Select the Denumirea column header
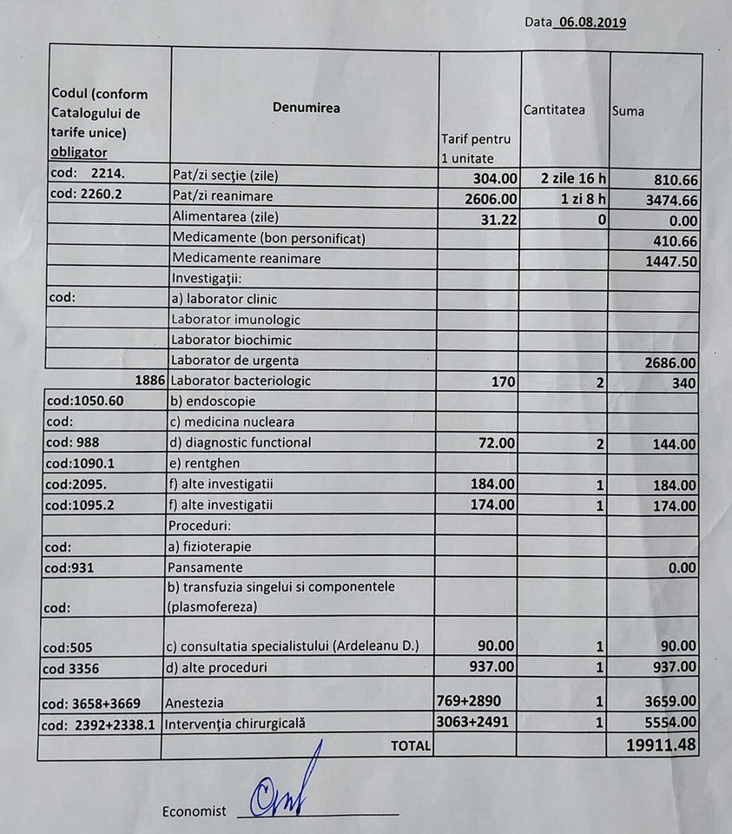click(x=306, y=109)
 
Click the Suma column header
click(x=628, y=111)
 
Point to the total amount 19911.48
click(x=661, y=745)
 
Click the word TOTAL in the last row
click(x=410, y=745)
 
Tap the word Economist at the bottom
click(x=194, y=811)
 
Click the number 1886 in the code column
click(x=150, y=381)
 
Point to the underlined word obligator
click(x=80, y=152)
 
